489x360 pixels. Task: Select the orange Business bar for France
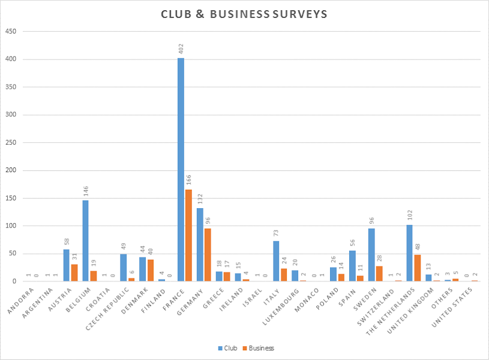pyautogui.click(x=188, y=235)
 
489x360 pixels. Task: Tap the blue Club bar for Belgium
pyautogui.click(x=85, y=241)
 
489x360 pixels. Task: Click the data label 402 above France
pyautogui.click(x=181, y=49)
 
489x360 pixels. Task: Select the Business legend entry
pyautogui.click(x=259, y=348)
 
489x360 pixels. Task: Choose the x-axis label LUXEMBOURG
pyautogui.click(x=283, y=305)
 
